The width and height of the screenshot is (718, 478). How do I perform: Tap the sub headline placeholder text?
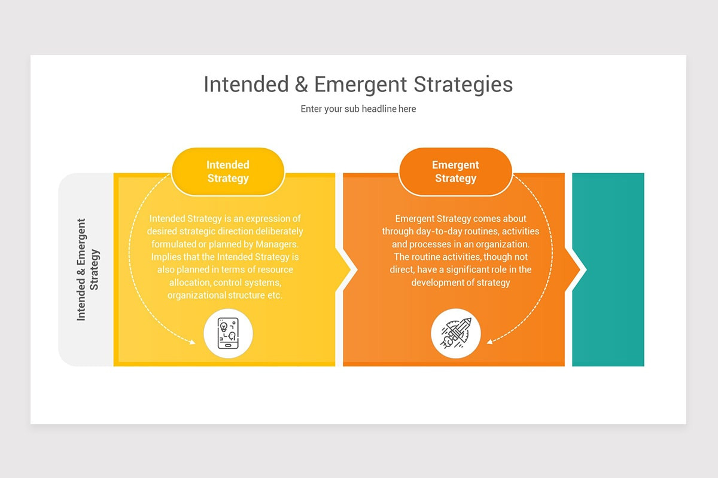click(358, 109)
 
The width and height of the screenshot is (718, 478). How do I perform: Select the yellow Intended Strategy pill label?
click(228, 171)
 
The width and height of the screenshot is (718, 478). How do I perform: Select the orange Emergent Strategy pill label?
click(455, 171)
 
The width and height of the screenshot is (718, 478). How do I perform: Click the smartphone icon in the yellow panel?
click(228, 333)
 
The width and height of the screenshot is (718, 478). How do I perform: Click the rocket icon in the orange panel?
click(455, 333)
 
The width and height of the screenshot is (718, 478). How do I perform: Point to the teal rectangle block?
click(608, 269)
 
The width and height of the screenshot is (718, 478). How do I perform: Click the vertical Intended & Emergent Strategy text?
click(87, 269)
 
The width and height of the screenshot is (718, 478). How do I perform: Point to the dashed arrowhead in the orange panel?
click(490, 342)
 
